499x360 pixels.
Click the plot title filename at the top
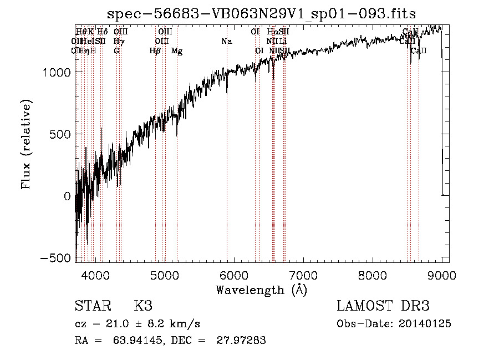262,13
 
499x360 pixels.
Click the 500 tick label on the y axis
60,134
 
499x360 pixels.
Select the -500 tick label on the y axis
56,258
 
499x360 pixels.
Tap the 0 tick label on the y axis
67,196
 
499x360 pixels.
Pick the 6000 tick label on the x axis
233,274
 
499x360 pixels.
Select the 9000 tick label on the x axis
441,274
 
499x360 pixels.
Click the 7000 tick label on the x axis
303,274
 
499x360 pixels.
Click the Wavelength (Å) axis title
261,290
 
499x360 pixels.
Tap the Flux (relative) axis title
27,144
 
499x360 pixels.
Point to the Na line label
226,42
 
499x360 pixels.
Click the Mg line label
177,51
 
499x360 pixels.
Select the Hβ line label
155,51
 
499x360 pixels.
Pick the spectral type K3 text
143,306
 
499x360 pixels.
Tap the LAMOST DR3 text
383,306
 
